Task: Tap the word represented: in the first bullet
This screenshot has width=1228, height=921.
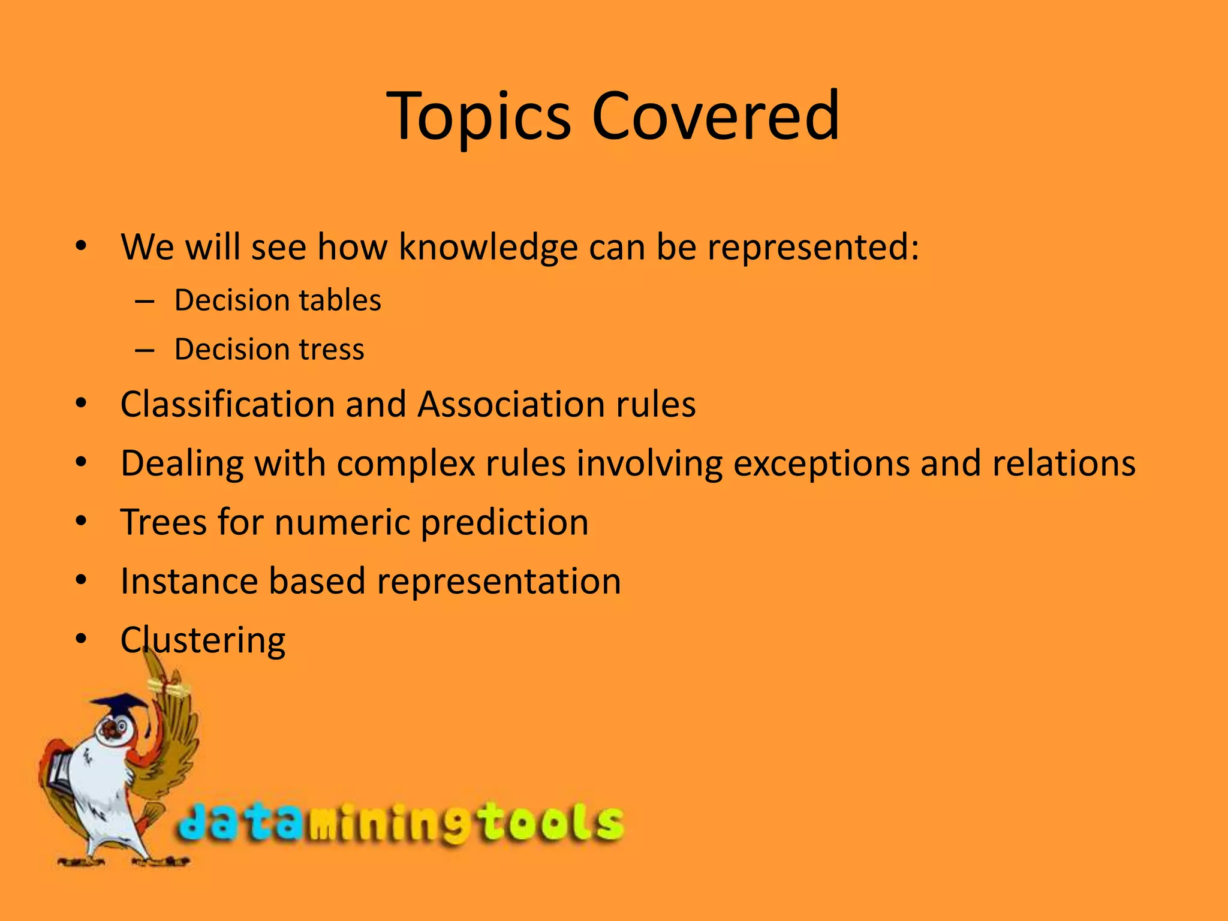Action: (812, 247)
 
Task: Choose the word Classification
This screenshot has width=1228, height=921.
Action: (227, 404)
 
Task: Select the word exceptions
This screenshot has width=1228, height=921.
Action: (821, 463)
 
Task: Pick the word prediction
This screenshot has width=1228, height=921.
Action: (504, 522)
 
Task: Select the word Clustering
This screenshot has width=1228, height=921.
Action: (203, 640)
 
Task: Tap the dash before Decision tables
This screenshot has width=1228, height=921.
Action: (145, 300)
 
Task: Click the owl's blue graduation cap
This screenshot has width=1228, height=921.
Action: (120, 705)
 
